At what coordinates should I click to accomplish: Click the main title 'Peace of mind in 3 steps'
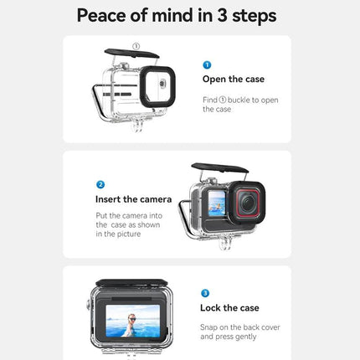click(176, 16)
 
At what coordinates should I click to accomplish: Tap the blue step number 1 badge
click(207, 64)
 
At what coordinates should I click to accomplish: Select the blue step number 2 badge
click(100, 183)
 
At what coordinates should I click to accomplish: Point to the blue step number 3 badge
click(205, 293)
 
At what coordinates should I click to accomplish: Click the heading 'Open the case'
click(233, 80)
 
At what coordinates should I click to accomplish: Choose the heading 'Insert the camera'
click(133, 199)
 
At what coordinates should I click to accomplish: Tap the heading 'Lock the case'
click(230, 308)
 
